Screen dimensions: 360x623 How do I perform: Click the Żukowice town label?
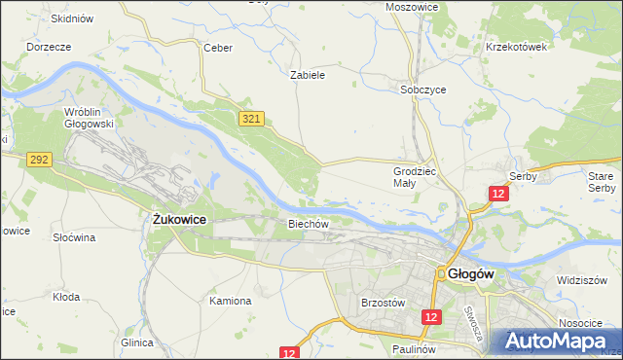click(x=179, y=221)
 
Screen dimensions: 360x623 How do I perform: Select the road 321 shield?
click(x=251, y=118)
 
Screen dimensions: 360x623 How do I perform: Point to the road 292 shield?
click(x=39, y=159)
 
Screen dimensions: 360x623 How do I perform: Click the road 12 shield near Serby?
click(x=498, y=195)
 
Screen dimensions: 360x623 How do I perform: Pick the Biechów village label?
click(x=309, y=223)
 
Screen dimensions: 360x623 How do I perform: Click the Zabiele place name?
click(x=308, y=74)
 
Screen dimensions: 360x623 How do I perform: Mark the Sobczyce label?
click(x=423, y=89)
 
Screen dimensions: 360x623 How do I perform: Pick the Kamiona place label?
click(x=231, y=301)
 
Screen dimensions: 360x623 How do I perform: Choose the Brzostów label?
click(x=382, y=303)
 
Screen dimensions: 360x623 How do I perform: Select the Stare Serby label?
click(x=602, y=181)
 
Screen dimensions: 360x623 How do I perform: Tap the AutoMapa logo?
click(x=556, y=342)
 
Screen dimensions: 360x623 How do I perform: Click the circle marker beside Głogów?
click(x=441, y=274)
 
